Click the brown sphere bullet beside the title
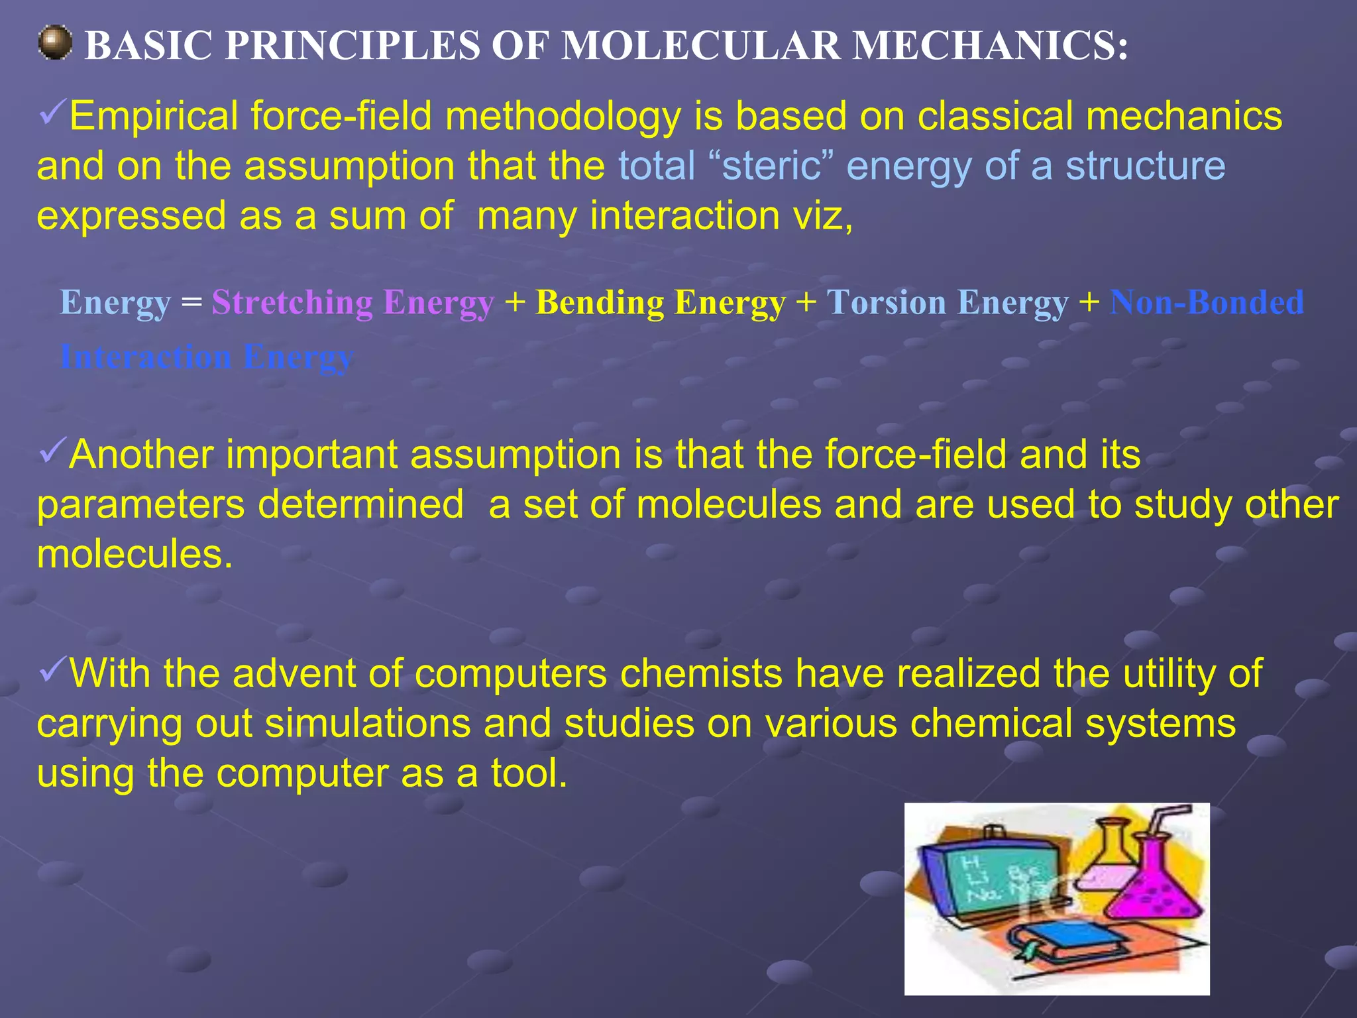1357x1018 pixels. (54, 43)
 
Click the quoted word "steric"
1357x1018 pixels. (772, 166)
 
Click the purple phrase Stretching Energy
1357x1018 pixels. (353, 303)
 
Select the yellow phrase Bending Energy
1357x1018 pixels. (661, 303)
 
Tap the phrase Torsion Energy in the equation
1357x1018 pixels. (947, 303)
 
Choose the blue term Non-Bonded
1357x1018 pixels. (1207, 302)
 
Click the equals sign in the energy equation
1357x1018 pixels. (191, 303)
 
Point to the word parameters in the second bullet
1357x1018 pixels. (140, 505)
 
